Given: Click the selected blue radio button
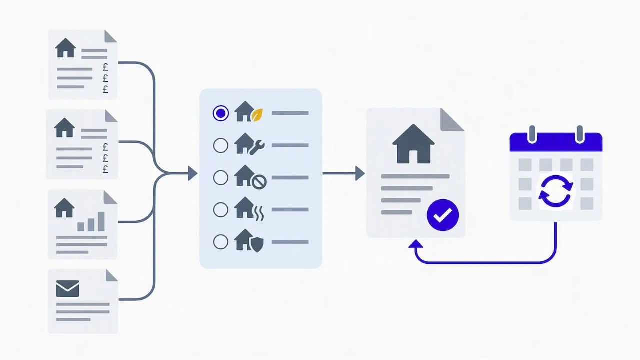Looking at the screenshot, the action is pyautogui.click(x=221, y=113).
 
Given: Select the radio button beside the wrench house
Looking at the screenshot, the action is pyautogui.click(x=221, y=145).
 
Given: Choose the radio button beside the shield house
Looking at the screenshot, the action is pyautogui.click(x=221, y=242).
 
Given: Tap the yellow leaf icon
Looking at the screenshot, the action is pyautogui.click(x=257, y=115).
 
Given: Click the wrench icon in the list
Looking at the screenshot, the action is pyautogui.click(x=257, y=147).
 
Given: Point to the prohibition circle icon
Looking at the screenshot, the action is pyautogui.click(x=259, y=182).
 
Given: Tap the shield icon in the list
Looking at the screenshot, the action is pyautogui.click(x=257, y=245).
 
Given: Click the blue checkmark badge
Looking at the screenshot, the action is pyautogui.click(x=443, y=215).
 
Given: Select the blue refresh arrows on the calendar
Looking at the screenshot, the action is pyautogui.click(x=556, y=191).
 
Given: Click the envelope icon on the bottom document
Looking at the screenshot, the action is pyautogui.click(x=67, y=289).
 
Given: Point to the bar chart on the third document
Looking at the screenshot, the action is pyautogui.click(x=91, y=221).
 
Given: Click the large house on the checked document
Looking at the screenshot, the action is pyautogui.click(x=413, y=144).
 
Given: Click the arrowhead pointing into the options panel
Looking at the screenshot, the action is pyautogui.click(x=193, y=173).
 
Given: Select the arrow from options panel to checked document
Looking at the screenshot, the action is pyautogui.click(x=343, y=173).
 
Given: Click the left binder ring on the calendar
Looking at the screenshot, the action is pyautogui.click(x=532, y=134).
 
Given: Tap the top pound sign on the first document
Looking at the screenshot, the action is pyautogui.click(x=105, y=67).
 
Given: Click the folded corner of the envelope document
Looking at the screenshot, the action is pyautogui.click(x=111, y=275).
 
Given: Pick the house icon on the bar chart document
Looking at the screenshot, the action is pyautogui.click(x=64, y=208).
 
